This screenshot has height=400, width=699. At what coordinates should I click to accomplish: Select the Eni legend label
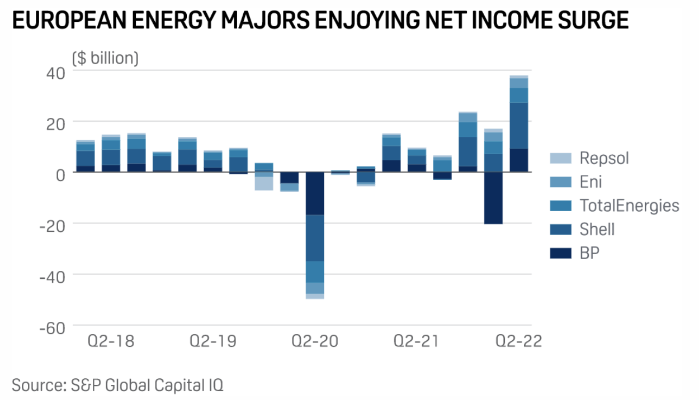591,182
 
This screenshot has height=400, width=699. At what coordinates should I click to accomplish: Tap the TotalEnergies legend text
629,206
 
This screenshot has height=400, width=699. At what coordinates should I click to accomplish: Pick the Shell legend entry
597,229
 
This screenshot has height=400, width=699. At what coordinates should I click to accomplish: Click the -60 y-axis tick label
51,327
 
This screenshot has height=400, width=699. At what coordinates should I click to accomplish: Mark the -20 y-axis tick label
51,225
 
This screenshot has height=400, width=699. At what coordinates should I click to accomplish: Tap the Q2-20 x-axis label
315,341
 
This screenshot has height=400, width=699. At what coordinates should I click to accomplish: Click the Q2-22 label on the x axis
519,341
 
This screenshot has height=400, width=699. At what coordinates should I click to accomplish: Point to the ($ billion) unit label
105,58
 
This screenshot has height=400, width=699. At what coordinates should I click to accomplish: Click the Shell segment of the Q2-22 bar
519,125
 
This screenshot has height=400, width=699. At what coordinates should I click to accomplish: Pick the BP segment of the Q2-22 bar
519,160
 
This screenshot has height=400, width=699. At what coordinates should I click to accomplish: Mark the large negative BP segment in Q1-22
493,198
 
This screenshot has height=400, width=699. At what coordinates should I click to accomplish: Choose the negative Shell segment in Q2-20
315,238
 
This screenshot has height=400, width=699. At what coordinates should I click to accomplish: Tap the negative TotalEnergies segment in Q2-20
315,272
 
